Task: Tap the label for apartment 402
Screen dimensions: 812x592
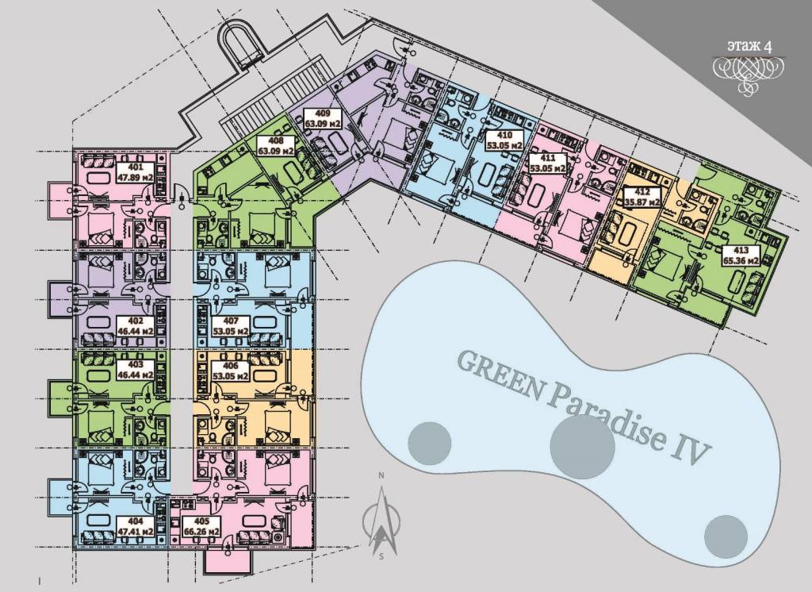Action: coord(136,325)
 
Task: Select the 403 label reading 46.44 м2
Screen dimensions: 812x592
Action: coord(136,369)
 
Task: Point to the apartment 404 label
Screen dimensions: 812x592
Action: coord(135,526)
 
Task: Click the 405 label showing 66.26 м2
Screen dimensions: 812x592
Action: coord(201,526)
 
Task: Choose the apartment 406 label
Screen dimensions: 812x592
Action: coord(231,370)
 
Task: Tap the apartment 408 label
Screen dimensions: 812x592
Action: coord(276,146)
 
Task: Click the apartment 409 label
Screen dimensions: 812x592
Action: coord(322,119)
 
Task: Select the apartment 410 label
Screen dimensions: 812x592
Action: coord(504,140)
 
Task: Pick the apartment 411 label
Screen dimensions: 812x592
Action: coord(546,163)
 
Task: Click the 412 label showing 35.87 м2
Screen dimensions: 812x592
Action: coord(642,197)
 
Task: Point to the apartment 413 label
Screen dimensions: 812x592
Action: coord(741,256)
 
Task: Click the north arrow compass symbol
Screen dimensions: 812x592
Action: coord(381,518)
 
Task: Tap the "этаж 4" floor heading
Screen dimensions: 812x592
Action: coord(749,46)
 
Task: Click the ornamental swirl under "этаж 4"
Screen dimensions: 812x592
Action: coord(749,72)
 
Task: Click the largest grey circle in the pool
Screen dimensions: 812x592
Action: coord(583,447)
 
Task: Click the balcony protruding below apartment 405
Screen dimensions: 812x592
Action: coord(228,561)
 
